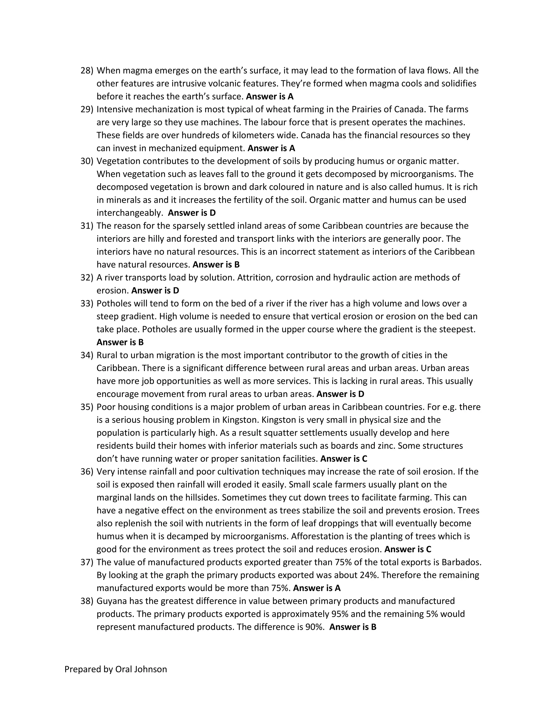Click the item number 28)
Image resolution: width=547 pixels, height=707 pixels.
87,71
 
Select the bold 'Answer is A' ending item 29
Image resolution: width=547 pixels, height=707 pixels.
271,148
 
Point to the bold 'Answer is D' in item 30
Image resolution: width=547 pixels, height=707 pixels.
192,213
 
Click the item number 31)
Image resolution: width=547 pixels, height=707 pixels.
87,226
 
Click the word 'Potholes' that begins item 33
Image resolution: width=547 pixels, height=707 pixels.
113,303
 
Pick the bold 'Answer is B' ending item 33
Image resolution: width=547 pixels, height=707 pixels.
120,342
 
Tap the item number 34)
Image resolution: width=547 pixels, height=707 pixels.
87,355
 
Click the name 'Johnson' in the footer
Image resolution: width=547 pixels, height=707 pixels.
150,669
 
